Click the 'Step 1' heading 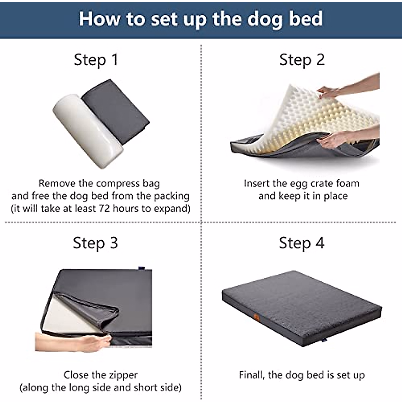click(96, 60)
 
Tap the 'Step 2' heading click(302, 60)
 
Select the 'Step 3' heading click(95, 243)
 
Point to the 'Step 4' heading click(301, 243)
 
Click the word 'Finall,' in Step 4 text click(252, 375)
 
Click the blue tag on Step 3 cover click(141, 267)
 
